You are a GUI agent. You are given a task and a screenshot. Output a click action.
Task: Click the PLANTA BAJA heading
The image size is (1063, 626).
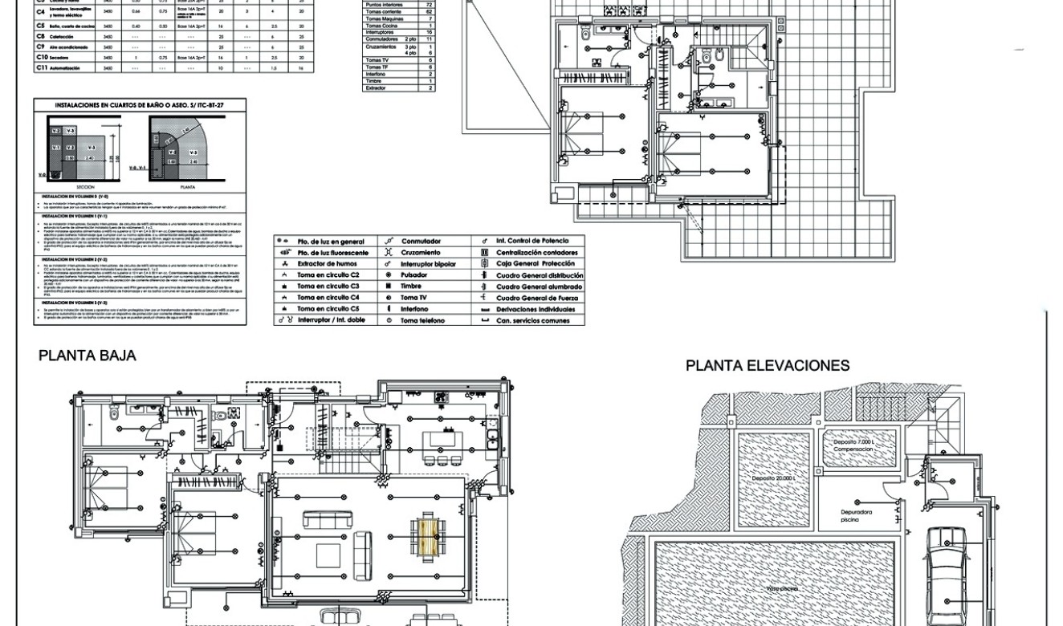coord(88,356)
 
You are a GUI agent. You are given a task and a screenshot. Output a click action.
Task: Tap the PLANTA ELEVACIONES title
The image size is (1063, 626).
coord(767,366)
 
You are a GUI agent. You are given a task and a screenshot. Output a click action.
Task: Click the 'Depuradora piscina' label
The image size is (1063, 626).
coord(857,515)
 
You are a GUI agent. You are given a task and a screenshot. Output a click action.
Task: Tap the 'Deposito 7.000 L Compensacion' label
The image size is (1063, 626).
coord(853,445)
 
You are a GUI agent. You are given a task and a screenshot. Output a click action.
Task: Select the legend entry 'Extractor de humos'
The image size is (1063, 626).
coord(325,264)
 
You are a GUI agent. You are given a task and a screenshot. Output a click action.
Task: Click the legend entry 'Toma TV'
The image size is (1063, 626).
coord(416,298)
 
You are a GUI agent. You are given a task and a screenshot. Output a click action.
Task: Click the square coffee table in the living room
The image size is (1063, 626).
coord(328,555)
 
